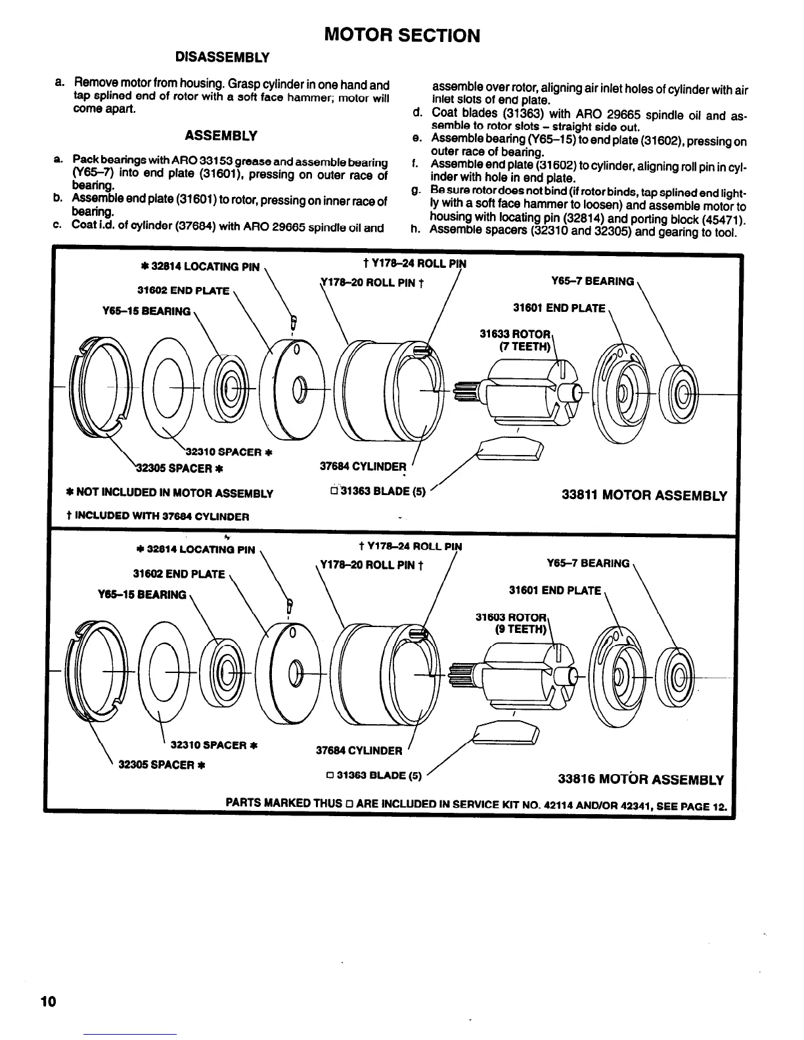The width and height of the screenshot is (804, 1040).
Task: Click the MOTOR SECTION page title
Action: [x=403, y=35]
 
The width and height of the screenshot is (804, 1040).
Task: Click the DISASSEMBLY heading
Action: [x=222, y=58]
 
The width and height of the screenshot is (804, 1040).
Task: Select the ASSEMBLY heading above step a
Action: [x=221, y=136]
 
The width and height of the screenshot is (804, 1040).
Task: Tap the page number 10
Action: [x=48, y=1002]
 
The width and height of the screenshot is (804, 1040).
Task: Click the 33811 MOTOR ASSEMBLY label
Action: [x=644, y=496]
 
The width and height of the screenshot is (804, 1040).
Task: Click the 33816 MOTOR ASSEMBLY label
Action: [x=640, y=779]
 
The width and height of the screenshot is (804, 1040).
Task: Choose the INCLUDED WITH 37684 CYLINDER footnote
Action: [x=158, y=516]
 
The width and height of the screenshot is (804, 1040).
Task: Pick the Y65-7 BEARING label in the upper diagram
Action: [x=593, y=282]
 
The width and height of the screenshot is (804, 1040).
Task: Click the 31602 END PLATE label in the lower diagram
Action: [x=179, y=574]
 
